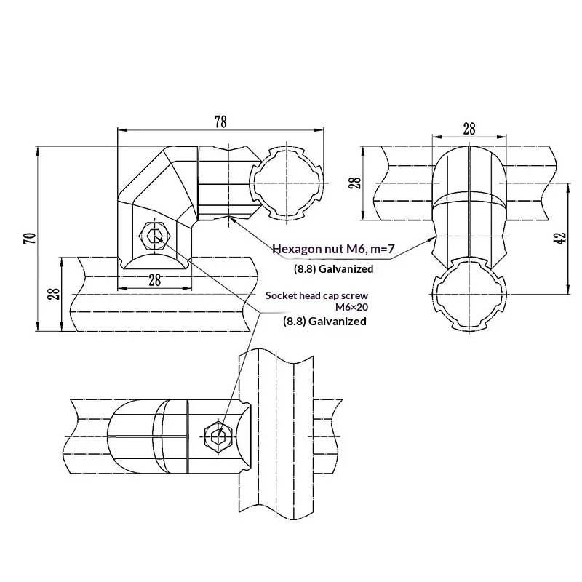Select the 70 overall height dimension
click(28, 239)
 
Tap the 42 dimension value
click(559, 238)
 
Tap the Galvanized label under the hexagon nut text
click(344, 269)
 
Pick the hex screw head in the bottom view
click(218, 434)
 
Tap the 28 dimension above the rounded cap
click(469, 129)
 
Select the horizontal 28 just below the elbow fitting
click(154, 279)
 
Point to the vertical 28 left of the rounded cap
click(355, 181)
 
